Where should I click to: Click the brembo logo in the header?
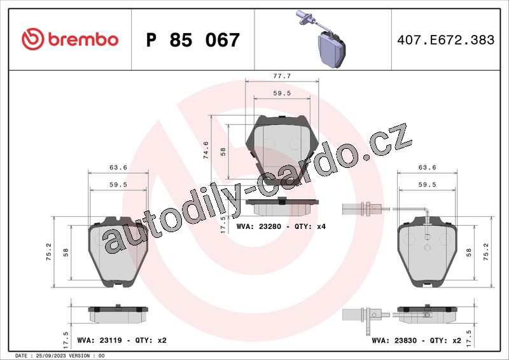[70, 39]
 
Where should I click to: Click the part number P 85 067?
[193, 40]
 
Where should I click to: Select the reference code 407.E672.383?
[446, 40]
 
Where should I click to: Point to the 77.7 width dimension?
[282, 76]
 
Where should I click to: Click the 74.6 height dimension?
[206, 150]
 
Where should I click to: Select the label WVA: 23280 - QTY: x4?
[281, 226]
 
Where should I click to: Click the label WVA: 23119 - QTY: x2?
[122, 340]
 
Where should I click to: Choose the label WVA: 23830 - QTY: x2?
[417, 340]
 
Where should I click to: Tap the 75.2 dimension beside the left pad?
[49, 252]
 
